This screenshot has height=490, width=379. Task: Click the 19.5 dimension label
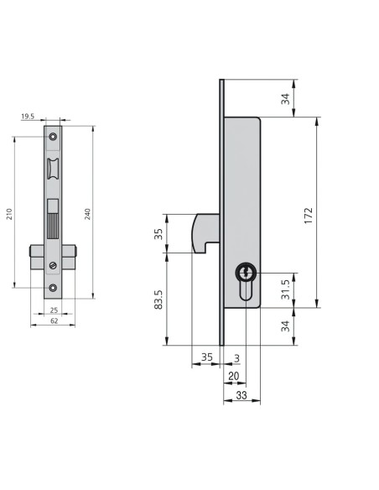coord(28,117)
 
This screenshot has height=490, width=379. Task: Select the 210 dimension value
coord(9,214)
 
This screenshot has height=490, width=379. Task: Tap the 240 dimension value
coord(88,214)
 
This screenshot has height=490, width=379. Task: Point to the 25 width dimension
coord(54,310)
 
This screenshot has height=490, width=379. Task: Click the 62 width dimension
coord(54,321)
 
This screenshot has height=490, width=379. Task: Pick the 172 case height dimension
coord(308,216)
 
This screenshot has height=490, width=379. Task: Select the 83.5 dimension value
coord(158,300)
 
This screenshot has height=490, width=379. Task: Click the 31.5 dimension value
coord(285,289)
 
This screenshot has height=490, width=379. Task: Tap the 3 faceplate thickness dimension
coord(237,358)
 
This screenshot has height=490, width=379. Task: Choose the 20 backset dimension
coord(233,376)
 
